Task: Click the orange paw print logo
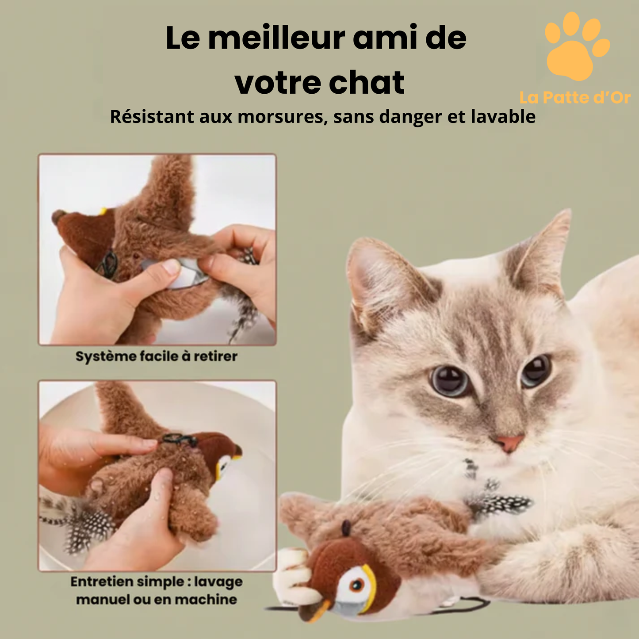click(575, 49)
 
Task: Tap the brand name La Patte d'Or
click(575, 98)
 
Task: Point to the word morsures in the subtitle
click(283, 117)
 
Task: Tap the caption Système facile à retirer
click(156, 356)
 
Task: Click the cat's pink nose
click(509, 442)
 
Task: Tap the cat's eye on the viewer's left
click(450, 380)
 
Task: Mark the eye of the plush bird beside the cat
click(356, 586)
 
